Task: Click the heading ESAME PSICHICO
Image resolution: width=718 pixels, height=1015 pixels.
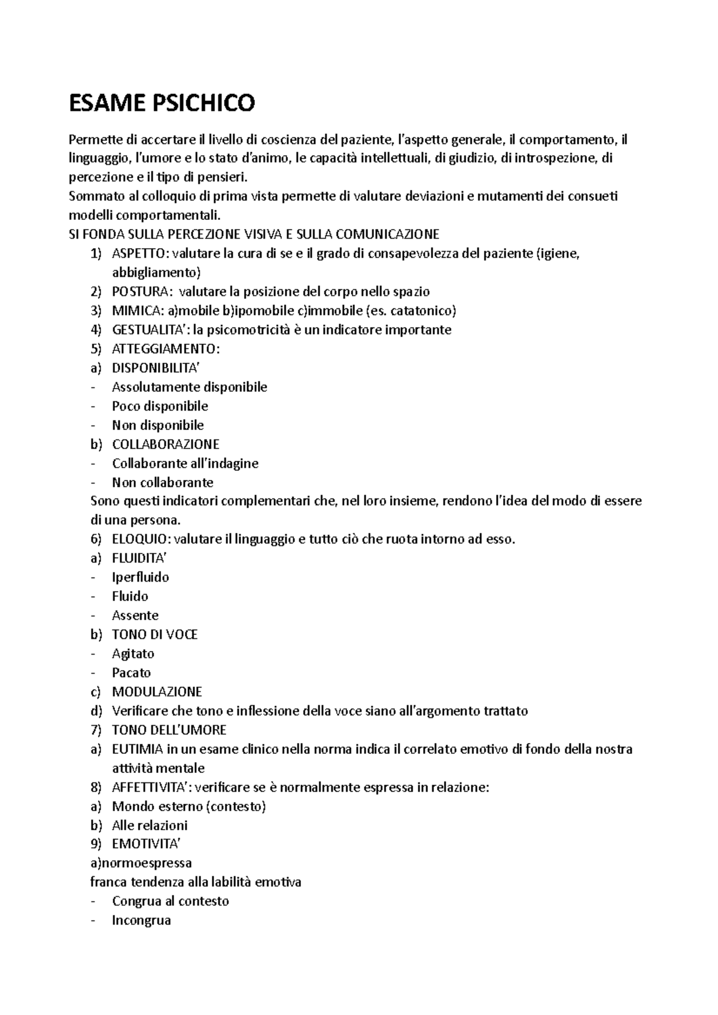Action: (x=162, y=103)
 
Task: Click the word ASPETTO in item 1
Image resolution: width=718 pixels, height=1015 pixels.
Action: (x=136, y=253)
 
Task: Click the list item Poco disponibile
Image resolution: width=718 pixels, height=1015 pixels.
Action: (x=160, y=406)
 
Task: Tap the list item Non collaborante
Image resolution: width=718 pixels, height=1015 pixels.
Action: (x=162, y=482)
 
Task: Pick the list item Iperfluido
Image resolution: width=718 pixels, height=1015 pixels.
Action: (x=140, y=577)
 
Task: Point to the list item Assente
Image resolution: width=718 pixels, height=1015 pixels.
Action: (x=135, y=616)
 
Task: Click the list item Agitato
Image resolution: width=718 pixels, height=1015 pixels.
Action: (x=133, y=653)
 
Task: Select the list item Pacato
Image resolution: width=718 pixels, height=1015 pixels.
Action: (x=131, y=672)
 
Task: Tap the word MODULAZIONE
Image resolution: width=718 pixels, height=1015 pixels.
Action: (x=157, y=692)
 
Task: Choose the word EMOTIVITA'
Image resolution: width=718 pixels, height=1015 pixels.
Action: (x=146, y=844)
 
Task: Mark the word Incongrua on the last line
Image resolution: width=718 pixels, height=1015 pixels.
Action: (x=141, y=920)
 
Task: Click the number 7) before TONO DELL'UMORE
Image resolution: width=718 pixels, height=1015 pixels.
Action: (x=96, y=730)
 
